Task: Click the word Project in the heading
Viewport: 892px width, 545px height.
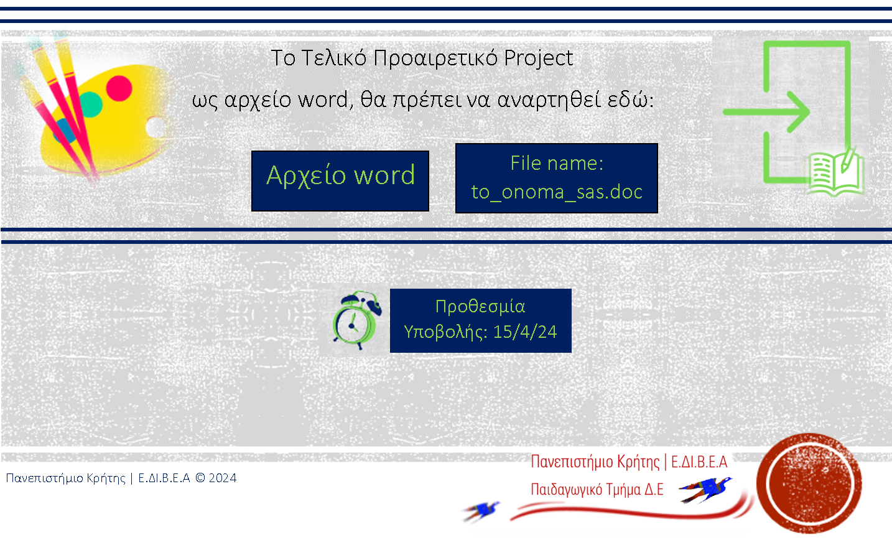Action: (539, 58)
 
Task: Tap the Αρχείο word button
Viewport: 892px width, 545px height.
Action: (340, 181)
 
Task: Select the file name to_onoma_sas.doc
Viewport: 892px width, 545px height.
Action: (557, 192)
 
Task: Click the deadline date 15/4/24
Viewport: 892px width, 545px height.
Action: (525, 332)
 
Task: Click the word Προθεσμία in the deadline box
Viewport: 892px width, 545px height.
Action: (480, 306)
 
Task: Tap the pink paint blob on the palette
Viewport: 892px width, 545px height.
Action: (119, 88)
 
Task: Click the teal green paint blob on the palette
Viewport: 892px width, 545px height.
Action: (91, 105)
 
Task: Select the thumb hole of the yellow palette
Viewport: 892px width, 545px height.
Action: (156, 128)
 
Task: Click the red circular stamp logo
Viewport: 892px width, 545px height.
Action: (809, 483)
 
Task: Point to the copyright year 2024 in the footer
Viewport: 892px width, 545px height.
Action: (223, 478)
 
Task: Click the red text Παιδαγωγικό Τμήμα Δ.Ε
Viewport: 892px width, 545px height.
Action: (597, 490)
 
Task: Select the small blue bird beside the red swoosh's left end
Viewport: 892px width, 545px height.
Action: (482, 511)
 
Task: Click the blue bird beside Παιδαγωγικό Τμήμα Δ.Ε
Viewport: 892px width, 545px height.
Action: (705, 490)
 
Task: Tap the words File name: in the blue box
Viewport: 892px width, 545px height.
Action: (557, 164)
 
